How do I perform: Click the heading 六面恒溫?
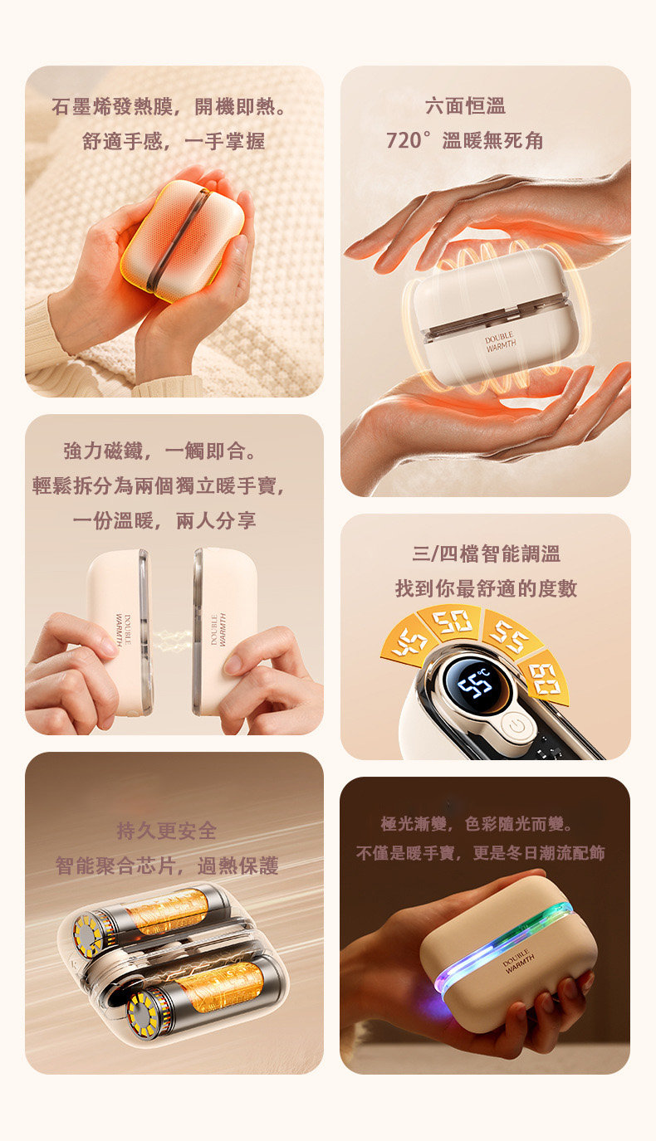[x=465, y=106]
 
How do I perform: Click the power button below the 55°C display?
[x=516, y=725]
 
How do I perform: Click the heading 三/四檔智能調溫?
[x=487, y=553]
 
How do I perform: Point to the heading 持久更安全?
[x=167, y=831]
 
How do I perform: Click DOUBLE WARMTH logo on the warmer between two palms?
[x=500, y=341]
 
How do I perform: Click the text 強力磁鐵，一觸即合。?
[x=160, y=451]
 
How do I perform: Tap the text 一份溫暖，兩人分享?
[x=164, y=520]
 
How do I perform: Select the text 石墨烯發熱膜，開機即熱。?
[x=170, y=106]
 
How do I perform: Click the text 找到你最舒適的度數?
[x=487, y=588]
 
